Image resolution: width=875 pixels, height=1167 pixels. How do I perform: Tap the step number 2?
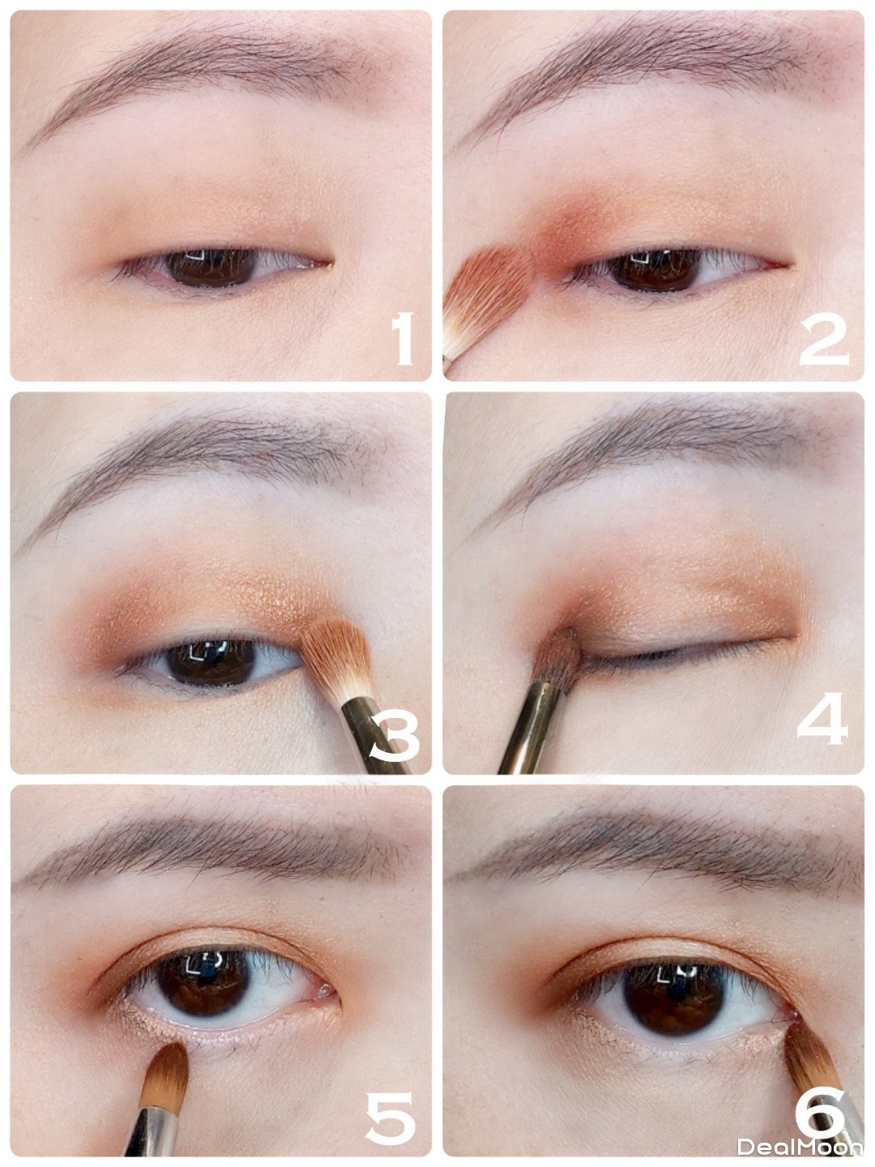pos(823,340)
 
